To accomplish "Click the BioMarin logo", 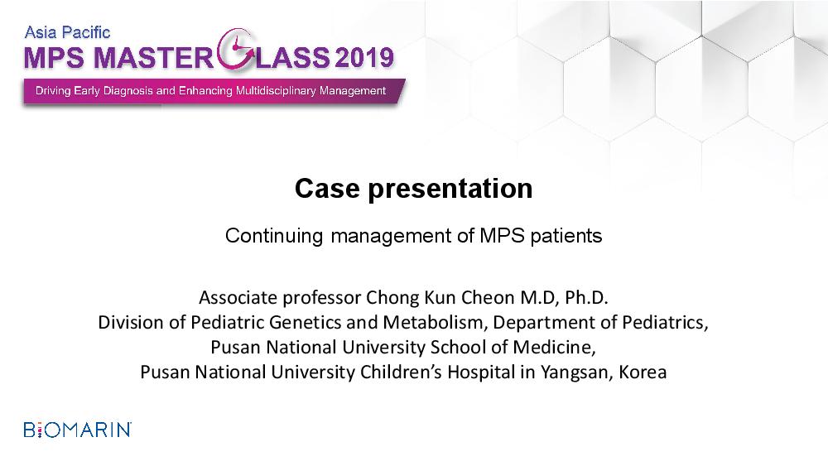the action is (78, 430).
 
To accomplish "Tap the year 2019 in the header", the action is (363, 57).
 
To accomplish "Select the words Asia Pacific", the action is (68, 32).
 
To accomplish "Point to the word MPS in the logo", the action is (54, 57).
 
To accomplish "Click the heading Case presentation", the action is (413, 189).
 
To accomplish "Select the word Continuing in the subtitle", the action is (274, 235).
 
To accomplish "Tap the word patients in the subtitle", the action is (566, 235).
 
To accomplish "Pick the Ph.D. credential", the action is (587, 298).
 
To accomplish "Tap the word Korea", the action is (643, 372).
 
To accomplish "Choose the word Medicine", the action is (554, 348).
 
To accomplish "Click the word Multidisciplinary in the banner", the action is (276, 91).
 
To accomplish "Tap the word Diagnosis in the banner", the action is (128, 91).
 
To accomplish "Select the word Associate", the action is (238, 298).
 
